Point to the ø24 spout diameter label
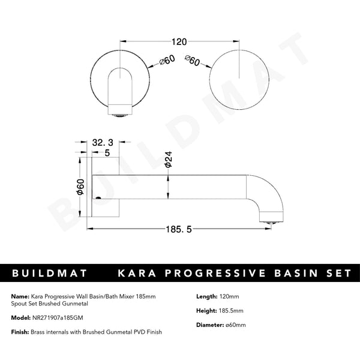point(169,158)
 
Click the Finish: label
point(20,332)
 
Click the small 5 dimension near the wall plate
point(107,152)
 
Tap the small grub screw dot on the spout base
point(98,197)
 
